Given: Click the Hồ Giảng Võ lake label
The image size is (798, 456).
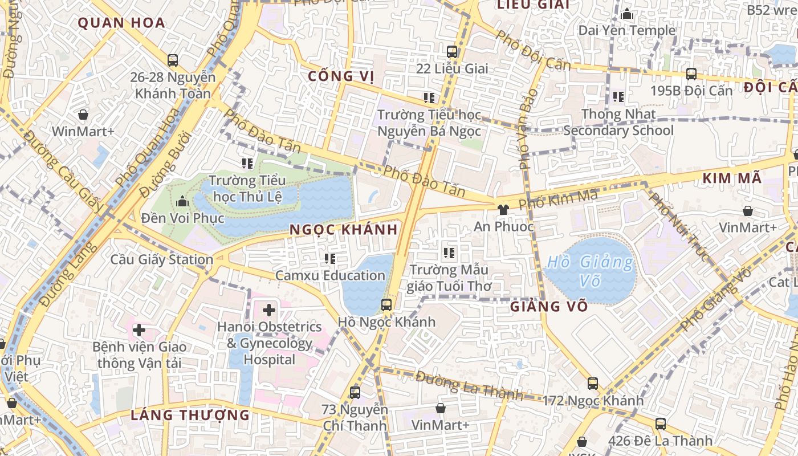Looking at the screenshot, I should [590, 271].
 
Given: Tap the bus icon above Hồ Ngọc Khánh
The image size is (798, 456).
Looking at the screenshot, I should [386, 305].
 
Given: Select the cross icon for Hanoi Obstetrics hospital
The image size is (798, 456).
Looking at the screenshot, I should [268, 311].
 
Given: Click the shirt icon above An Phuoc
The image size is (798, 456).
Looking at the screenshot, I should [502, 210].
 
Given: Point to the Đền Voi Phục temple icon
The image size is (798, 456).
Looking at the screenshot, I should [182, 201].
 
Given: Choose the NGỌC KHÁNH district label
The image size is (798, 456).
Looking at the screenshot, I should [343, 230].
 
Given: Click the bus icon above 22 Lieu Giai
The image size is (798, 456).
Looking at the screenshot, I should [452, 52].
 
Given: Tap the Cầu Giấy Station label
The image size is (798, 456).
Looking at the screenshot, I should [162, 260].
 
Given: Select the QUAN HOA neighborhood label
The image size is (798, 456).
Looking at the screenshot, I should [121, 23].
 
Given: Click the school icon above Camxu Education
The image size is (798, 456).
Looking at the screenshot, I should [329, 259].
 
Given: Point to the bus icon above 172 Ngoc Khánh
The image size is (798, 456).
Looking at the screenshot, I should [593, 384].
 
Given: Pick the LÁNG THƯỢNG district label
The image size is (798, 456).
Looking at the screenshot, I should [190, 415].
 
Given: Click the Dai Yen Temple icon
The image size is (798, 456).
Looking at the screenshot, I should [627, 14].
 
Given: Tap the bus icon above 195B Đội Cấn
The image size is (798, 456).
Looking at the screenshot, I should [691, 74].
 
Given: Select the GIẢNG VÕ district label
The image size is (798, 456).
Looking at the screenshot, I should [548, 307].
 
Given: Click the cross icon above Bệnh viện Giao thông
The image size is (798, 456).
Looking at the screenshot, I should [139, 330].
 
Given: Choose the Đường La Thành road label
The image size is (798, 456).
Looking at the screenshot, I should [469, 385].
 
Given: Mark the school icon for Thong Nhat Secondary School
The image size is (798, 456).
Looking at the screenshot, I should [618, 97].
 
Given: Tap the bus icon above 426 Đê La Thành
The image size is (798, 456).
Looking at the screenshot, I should [660, 424].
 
